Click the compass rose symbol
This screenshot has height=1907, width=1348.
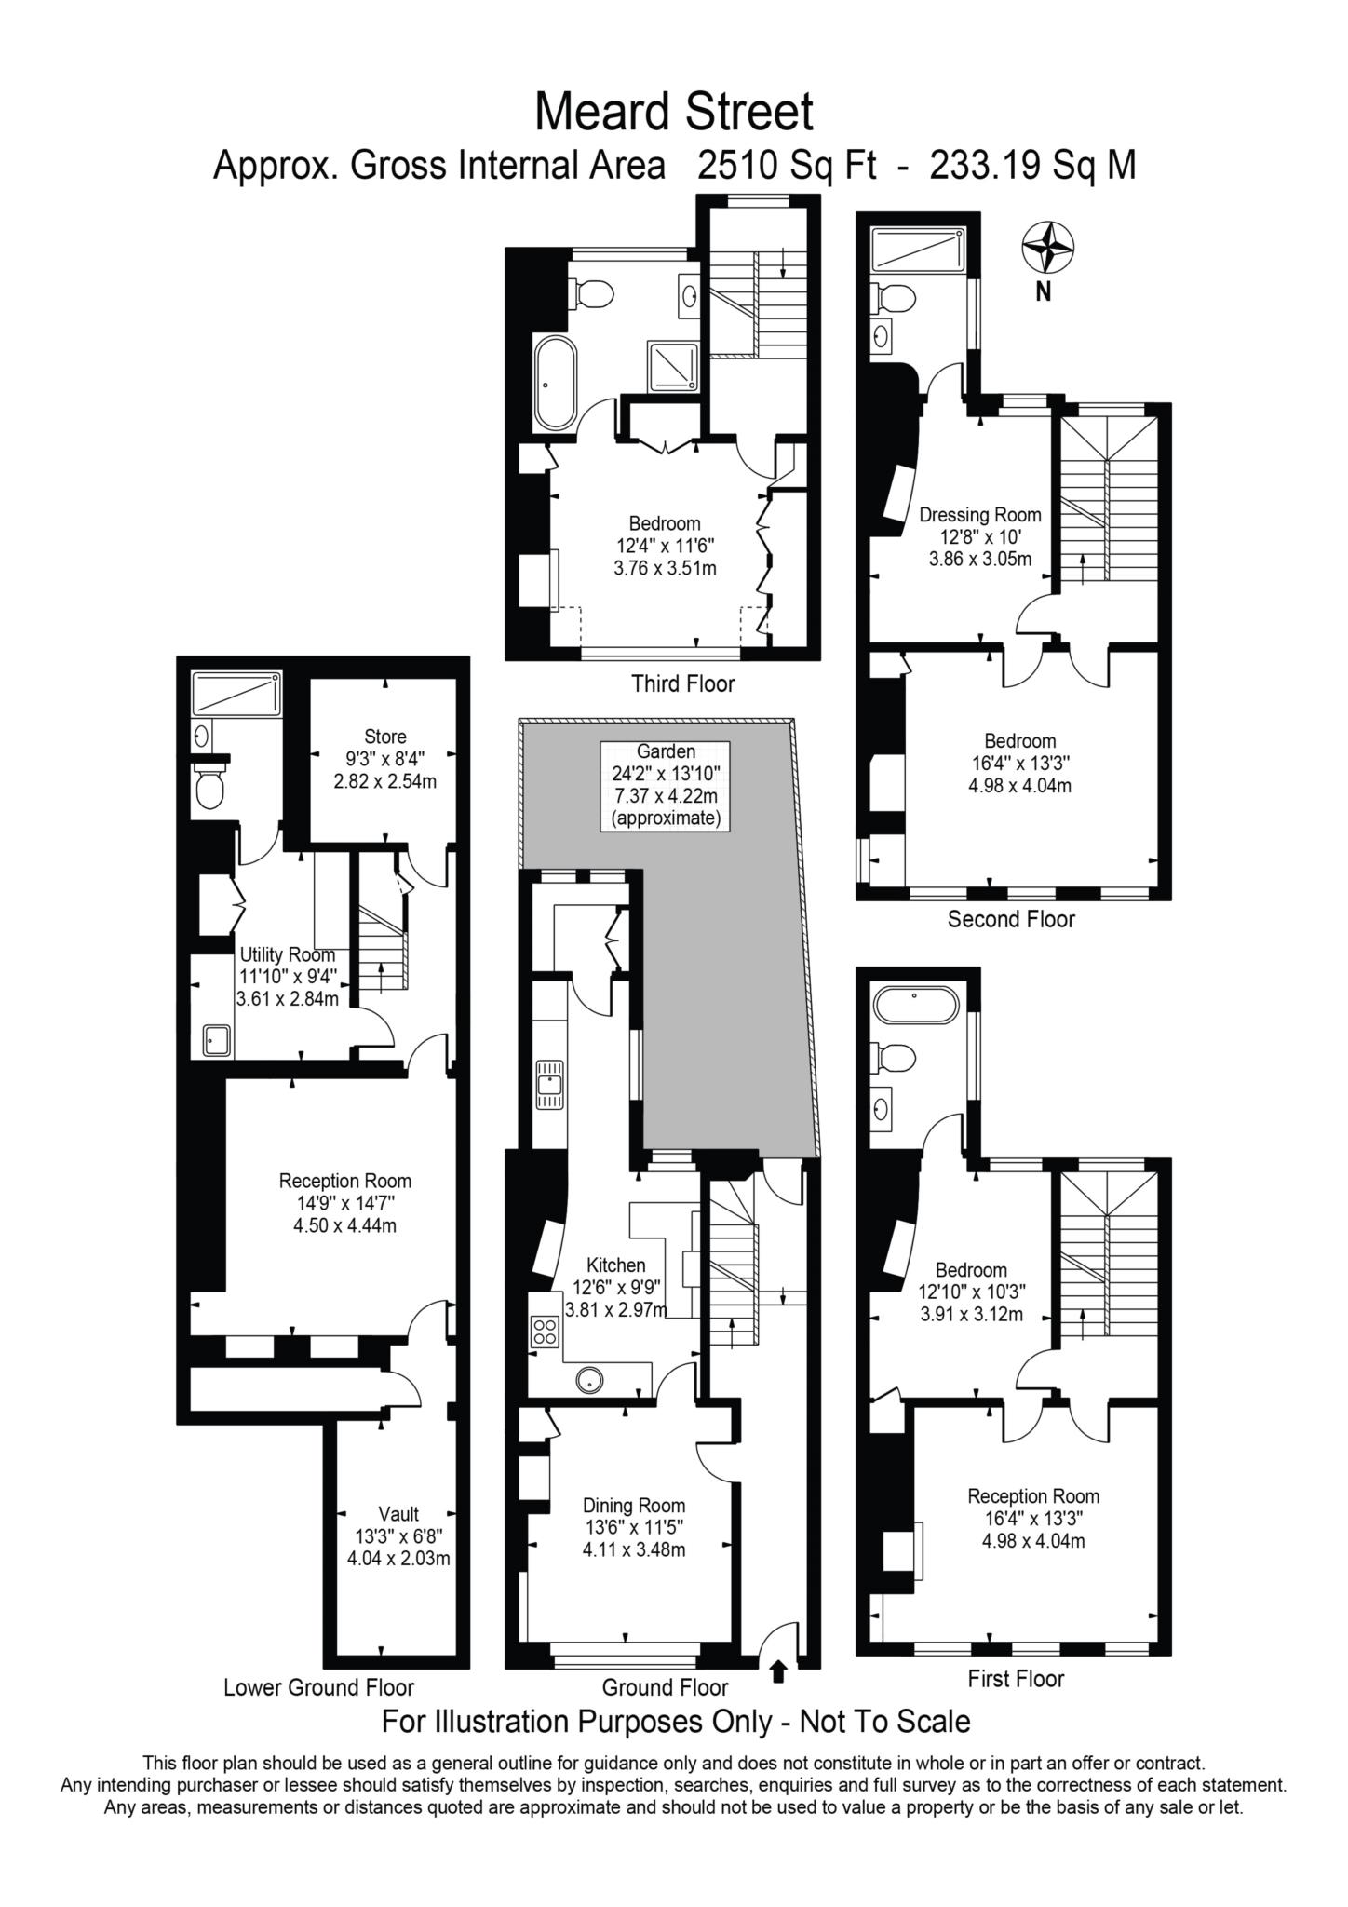click(1048, 249)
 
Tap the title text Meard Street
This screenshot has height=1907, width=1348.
click(673, 113)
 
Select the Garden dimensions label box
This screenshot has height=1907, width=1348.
click(665, 785)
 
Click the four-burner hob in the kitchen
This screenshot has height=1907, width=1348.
click(544, 1332)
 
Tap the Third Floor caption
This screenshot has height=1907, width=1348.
click(682, 683)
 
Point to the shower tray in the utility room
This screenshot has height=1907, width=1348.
click(217, 1039)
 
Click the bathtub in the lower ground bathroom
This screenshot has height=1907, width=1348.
click(236, 694)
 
